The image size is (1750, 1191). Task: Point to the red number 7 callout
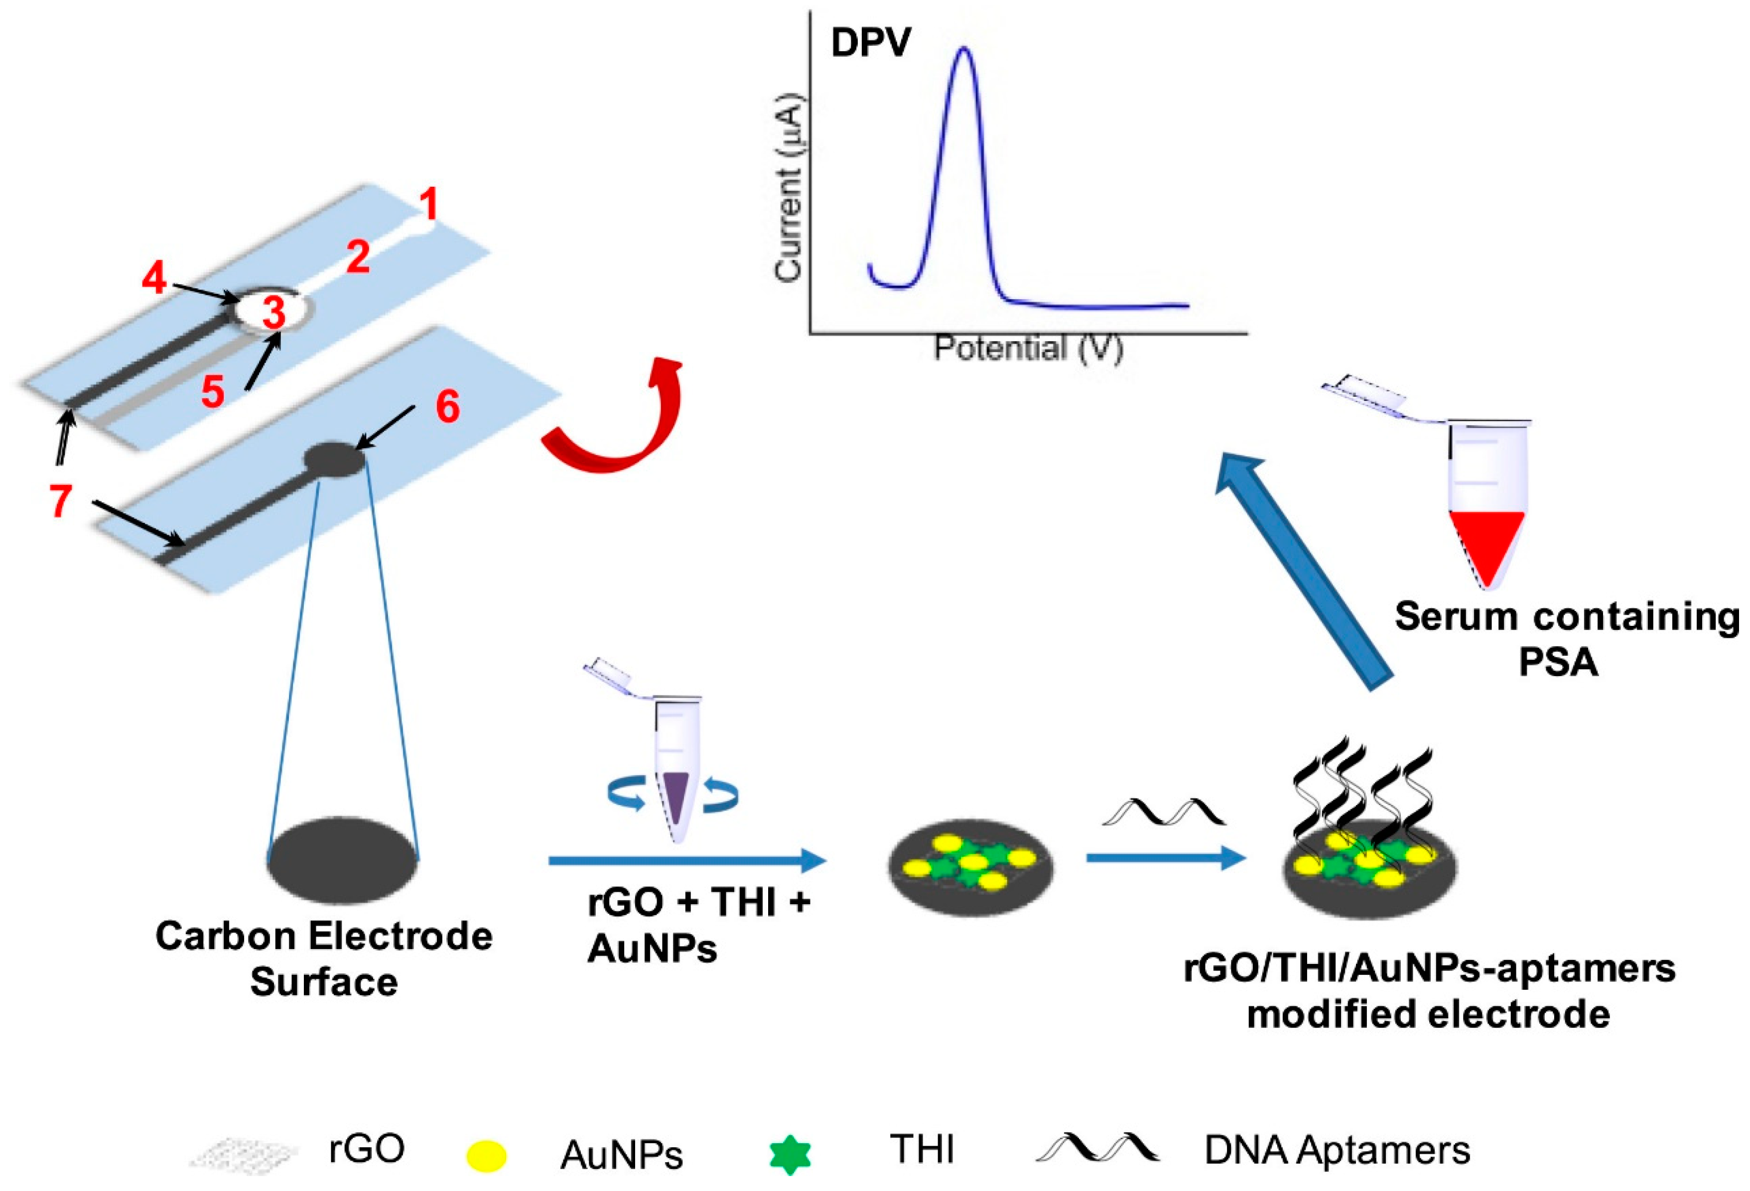[x=61, y=500]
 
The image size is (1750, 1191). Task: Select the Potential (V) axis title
[x=1028, y=349]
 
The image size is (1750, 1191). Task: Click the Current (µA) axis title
[x=789, y=188]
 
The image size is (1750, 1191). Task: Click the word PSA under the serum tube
[x=1558, y=663]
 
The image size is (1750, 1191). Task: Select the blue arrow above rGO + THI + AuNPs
[x=687, y=860]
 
